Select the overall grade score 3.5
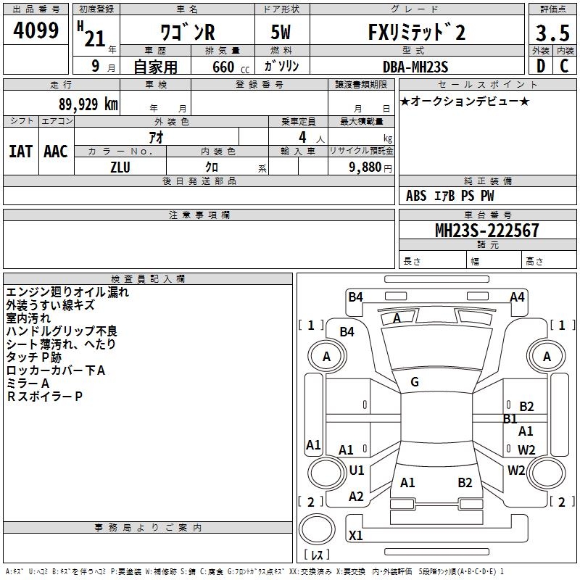click(552, 33)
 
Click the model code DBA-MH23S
click(416, 66)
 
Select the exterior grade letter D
click(539, 66)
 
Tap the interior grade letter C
click(564, 66)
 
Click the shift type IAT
click(20, 152)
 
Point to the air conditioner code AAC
click(56, 152)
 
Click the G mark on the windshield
click(414, 382)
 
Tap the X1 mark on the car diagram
click(356, 536)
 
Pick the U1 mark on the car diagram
click(356, 471)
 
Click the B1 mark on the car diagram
click(510, 418)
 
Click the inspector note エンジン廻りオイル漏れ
click(67, 292)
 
